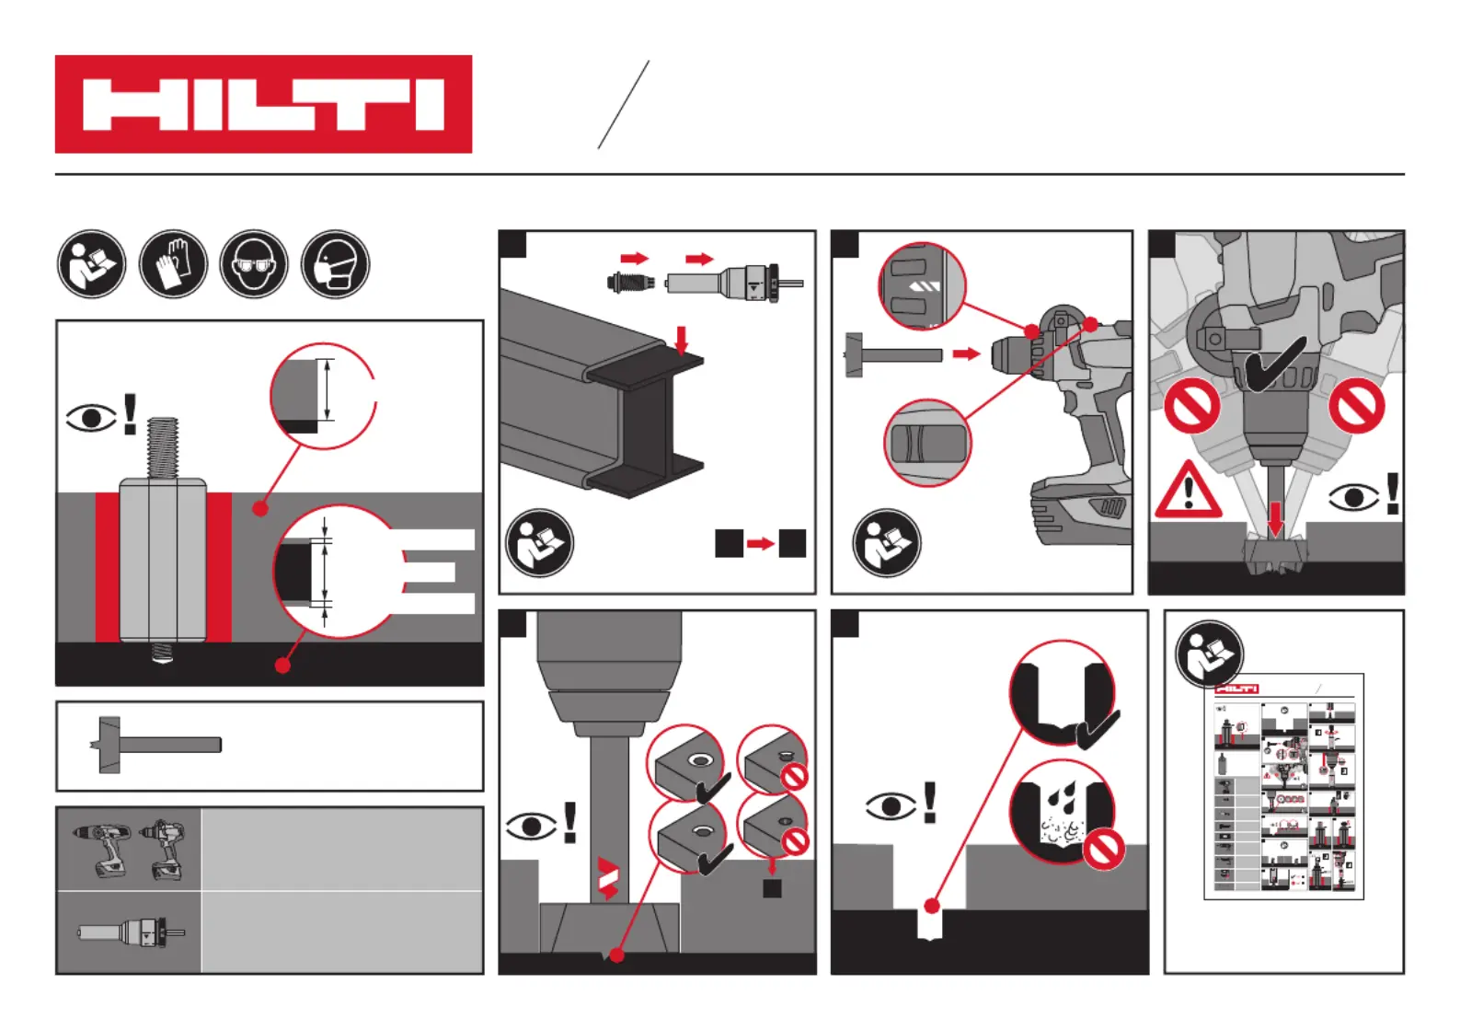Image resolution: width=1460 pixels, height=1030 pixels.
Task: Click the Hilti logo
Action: coord(263,104)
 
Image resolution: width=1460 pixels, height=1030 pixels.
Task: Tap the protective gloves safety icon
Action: coord(173,264)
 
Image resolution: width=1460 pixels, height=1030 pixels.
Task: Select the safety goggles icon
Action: coord(254,264)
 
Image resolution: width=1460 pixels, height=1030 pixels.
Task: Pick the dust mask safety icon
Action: coord(336,264)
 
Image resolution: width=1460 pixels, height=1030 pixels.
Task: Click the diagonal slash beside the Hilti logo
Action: coord(624,104)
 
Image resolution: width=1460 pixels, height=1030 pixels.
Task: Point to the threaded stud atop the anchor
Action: coord(162,447)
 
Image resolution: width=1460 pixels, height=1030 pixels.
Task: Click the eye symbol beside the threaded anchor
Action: coord(91,418)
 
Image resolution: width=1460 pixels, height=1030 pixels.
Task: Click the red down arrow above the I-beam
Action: coord(681,339)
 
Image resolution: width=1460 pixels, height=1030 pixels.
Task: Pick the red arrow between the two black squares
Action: coord(760,544)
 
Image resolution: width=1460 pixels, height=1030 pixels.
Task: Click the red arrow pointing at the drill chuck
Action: coord(965,353)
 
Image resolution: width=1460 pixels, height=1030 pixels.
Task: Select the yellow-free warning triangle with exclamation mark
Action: coord(1188,491)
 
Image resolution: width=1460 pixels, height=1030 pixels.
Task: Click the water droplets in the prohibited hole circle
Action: coord(1065,794)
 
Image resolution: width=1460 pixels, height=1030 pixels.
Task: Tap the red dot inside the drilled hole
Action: coord(932,907)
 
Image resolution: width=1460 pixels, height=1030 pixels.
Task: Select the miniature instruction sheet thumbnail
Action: coord(1284,787)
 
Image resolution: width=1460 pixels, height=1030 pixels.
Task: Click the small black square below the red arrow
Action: coord(772,887)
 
